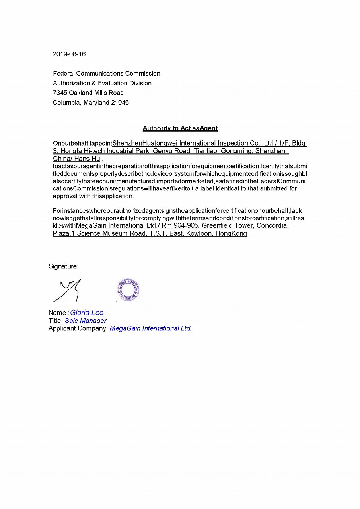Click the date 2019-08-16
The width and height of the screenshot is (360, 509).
click(69, 54)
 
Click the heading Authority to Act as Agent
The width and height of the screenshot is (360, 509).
click(180, 128)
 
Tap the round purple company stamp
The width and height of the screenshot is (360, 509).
click(128, 290)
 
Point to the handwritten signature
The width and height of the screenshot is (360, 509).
click(68, 290)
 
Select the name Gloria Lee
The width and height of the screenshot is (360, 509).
click(87, 313)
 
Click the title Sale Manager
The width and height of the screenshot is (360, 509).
click(86, 321)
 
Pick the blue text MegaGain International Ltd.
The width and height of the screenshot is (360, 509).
click(151, 328)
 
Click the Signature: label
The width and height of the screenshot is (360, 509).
click(64, 266)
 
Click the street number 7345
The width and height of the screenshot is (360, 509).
click(60, 93)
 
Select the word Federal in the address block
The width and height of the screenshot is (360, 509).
click(64, 73)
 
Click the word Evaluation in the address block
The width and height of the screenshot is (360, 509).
click(113, 83)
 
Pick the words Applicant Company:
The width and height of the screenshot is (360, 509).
click(78, 328)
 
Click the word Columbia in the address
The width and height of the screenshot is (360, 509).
click(66, 103)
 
